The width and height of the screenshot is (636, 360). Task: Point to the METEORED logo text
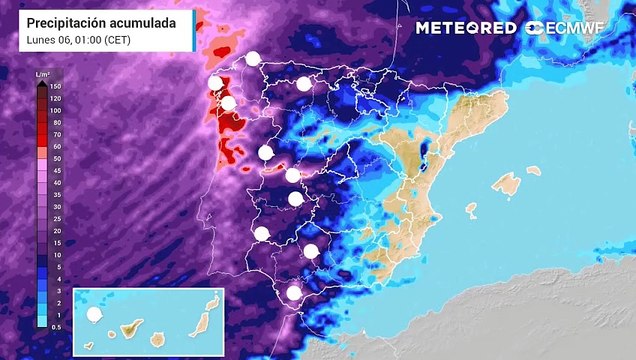[x=466, y=28]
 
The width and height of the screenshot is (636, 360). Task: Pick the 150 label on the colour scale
[x=55, y=86]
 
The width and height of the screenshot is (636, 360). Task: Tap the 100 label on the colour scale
[x=55, y=110]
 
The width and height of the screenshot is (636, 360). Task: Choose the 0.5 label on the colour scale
[x=55, y=326]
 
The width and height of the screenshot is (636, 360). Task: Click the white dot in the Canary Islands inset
[x=96, y=314]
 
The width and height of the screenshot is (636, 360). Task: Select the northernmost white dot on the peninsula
[x=253, y=58]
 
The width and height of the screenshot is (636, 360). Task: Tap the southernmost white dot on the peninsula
[x=293, y=293]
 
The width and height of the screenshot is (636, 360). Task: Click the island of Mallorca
[x=506, y=184]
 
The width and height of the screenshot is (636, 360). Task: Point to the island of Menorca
[x=534, y=170]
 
